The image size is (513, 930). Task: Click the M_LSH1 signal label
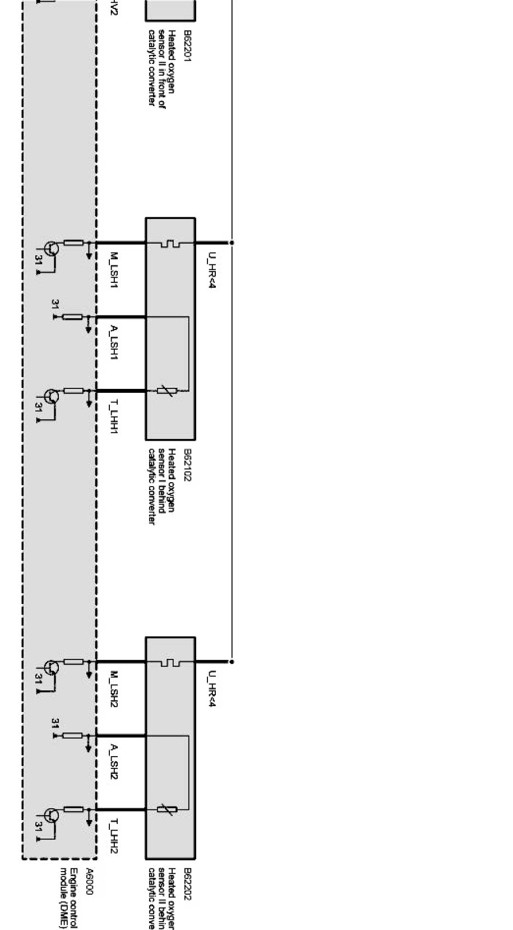(x=114, y=271)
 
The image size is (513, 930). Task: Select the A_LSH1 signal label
(x=114, y=342)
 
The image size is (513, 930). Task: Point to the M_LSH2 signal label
(x=114, y=689)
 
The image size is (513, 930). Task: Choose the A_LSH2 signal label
(x=114, y=762)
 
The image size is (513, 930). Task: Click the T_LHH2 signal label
(x=114, y=837)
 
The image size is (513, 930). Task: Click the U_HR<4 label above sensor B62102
(x=211, y=270)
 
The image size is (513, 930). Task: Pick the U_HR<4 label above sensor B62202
(x=211, y=689)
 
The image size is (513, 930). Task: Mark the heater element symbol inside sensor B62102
(x=170, y=243)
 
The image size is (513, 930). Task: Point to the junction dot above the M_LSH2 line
(x=232, y=662)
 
